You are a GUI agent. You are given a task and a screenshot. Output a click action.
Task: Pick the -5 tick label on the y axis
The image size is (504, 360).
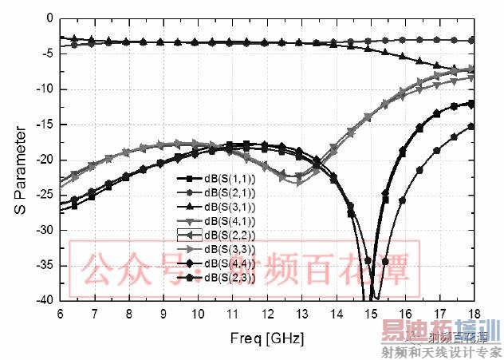coord(47,53)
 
